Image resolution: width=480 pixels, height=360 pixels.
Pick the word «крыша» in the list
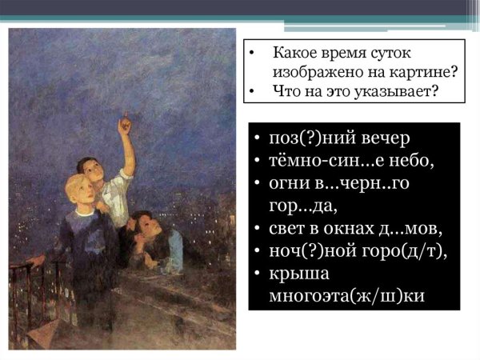click(x=298, y=274)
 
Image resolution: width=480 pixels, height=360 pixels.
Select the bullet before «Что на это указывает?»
click(x=251, y=91)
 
